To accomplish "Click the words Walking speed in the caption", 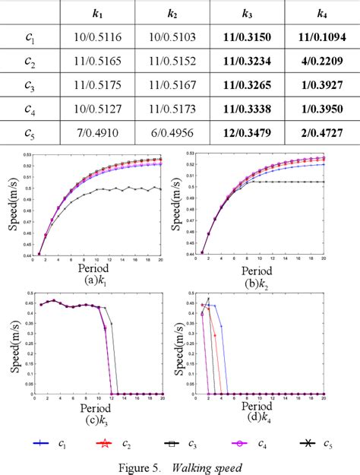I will tap(208, 466).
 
